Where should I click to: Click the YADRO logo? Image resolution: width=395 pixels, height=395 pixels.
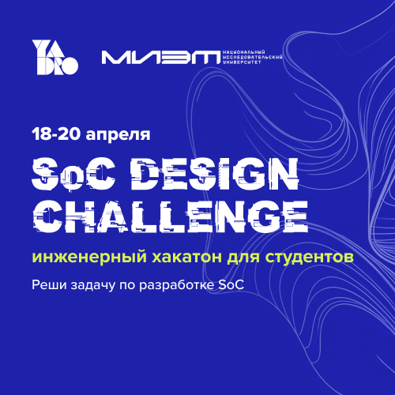click(x=55, y=57)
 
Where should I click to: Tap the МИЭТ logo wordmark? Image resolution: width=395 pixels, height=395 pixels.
click(x=161, y=58)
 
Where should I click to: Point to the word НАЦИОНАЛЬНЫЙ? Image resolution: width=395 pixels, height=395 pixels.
click(x=244, y=52)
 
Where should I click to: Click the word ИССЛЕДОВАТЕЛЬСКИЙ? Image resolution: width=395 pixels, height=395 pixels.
click(x=253, y=58)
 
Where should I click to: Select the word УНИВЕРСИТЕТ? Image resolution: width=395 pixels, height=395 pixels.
click(x=242, y=62)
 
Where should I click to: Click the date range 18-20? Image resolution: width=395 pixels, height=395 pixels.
click(x=56, y=134)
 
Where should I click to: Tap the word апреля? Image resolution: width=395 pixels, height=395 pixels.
click(x=118, y=136)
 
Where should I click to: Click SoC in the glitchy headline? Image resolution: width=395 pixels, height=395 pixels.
click(x=73, y=174)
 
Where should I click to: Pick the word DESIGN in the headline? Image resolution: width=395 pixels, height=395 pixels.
click(x=214, y=174)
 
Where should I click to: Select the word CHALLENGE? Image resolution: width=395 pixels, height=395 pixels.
click(x=171, y=216)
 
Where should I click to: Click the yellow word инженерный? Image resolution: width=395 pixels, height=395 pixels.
click(x=89, y=257)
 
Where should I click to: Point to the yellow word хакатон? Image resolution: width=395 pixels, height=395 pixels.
click(x=186, y=257)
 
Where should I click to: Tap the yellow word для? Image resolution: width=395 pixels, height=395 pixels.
click(x=243, y=258)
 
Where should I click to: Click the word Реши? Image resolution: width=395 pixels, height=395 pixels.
click(x=49, y=285)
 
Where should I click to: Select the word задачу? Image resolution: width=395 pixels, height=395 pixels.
click(x=93, y=286)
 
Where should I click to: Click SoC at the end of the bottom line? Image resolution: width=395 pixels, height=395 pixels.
click(x=231, y=285)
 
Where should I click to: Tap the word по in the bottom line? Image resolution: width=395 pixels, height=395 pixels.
click(x=127, y=286)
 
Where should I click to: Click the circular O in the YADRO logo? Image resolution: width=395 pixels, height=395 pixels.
click(x=70, y=66)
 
